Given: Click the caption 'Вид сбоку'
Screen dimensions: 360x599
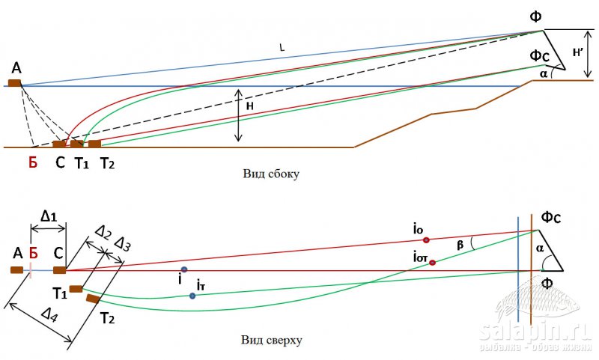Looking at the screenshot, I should [270, 173].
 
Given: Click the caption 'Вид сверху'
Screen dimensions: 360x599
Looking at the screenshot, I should [271, 341].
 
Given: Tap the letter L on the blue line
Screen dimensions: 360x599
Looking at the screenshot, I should [282, 48].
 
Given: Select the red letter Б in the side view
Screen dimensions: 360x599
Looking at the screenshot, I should [33, 164].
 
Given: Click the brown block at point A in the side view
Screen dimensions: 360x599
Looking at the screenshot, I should [15, 82].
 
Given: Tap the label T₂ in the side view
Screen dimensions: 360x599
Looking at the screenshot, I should [107, 164].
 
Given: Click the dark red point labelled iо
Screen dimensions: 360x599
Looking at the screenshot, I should [426, 240].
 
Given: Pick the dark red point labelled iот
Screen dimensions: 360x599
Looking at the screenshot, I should [432, 263].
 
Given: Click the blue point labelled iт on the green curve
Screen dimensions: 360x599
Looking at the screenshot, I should [192, 296].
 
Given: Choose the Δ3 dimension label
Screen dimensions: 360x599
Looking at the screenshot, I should [124, 244].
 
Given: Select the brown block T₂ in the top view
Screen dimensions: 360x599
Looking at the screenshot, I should [93, 299].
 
